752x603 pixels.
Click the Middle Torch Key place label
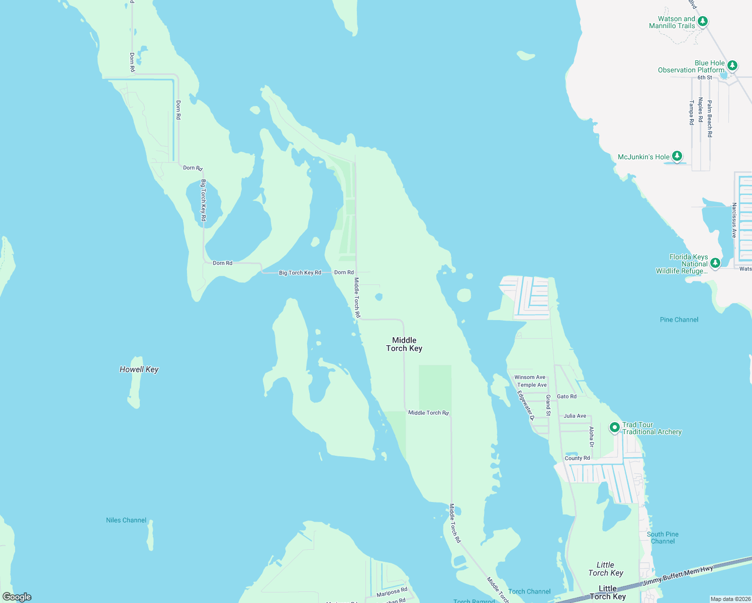pos(404,344)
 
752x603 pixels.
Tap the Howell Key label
pos(139,369)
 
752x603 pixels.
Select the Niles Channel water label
pos(126,520)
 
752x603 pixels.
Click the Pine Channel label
pos(679,320)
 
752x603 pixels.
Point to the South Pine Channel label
pos(663,538)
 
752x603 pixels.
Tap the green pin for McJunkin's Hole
pos(677,156)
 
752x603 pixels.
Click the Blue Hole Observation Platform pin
pos(732,65)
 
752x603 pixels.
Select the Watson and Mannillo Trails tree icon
pos(703,21)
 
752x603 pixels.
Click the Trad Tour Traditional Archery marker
pos(614,428)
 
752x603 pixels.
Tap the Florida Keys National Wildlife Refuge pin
pos(715,263)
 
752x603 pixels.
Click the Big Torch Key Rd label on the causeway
pos(300,273)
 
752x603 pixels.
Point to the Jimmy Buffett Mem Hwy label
pos(678,576)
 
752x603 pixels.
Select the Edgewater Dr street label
pos(525,405)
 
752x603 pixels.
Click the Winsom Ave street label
pos(530,377)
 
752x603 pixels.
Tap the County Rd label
pos(577,458)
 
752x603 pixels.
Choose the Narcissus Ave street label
pos(734,220)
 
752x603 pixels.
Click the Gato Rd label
pos(567,396)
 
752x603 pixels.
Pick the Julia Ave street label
pos(575,416)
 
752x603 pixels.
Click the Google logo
pos(17,597)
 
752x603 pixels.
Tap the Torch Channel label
pos(529,591)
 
